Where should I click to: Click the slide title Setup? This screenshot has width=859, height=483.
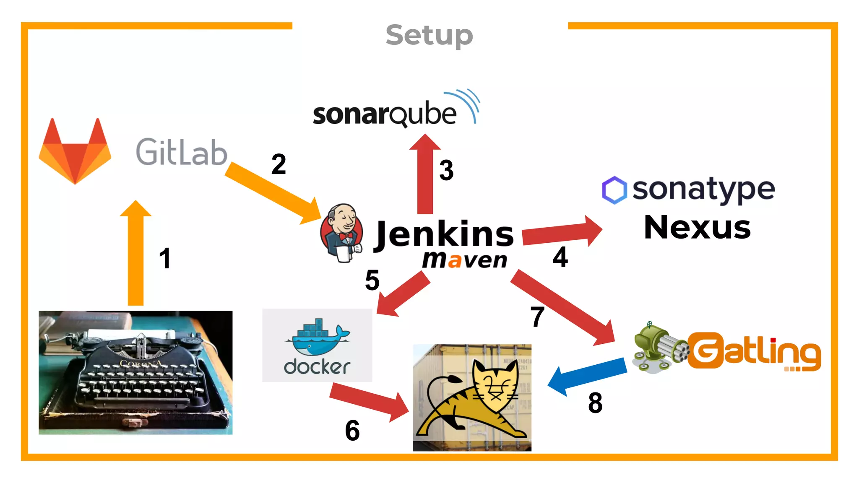429,35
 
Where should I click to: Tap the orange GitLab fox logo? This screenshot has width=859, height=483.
75,153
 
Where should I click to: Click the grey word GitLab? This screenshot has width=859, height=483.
181,152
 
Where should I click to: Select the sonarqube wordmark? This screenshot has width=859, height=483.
385,114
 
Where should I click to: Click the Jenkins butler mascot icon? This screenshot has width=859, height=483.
341,233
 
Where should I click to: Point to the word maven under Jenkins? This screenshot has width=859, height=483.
464,260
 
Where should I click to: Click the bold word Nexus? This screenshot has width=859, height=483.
697,228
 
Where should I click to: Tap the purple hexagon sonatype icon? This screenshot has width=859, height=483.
614,190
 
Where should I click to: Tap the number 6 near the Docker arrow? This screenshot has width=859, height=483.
352,431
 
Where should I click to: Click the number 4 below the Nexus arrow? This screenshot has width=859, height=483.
560,257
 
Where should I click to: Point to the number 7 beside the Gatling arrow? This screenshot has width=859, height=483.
537,317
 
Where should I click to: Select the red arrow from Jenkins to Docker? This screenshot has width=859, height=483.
403,293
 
